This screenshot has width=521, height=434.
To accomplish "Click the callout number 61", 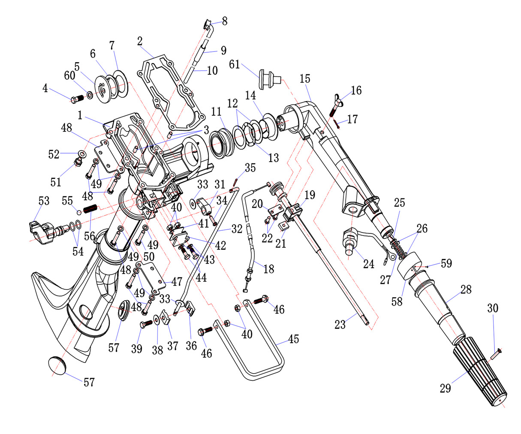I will click(246, 64).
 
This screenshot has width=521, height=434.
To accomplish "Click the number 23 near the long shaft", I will click(340, 325).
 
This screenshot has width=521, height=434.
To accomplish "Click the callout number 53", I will click(43, 201).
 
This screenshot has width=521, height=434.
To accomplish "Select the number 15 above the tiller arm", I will click(305, 79).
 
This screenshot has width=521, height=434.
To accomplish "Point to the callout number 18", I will click(269, 269).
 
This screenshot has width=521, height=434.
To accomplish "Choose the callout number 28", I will click(466, 289).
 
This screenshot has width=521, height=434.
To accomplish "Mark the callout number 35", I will click(250, 167).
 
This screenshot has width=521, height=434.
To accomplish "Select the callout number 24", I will click(369, 263).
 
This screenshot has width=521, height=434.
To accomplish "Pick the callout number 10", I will click(212, 70).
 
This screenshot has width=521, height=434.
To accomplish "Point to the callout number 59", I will click(446, 263).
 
